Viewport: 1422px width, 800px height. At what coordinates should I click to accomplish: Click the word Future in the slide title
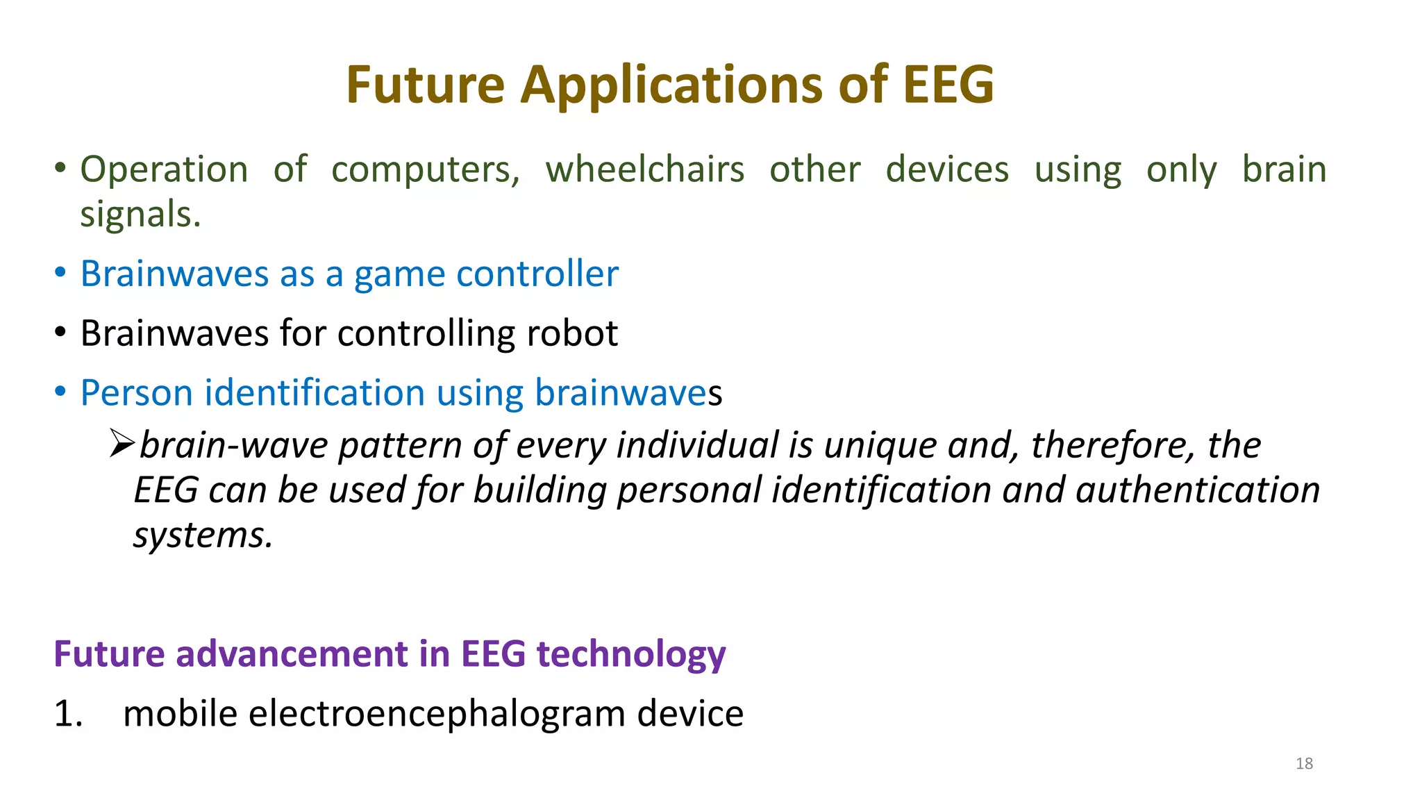pyautogui.click(x=425, y=85)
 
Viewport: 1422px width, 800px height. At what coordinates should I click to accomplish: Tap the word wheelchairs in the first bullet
pyautogui.click(x=644, y=170)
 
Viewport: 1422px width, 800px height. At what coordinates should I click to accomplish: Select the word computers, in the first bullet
pyautogui.click(x=425, y=170)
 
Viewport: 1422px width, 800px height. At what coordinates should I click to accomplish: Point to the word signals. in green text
pyautogui.click(x=140, y=215)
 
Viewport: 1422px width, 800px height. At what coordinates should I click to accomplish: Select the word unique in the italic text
pyautogui.click(x=880, y=445)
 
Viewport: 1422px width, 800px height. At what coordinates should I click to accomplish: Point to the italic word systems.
pyautogui.click(x=203, y=535)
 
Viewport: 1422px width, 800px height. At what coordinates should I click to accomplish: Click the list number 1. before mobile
pyautogui.click(x=68, y=714)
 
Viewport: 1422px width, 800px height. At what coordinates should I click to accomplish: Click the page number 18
pyautogui.click(x=1304, y=764)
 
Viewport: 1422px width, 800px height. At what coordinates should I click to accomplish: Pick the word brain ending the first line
pyautogui.click(x=1284, y=170)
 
